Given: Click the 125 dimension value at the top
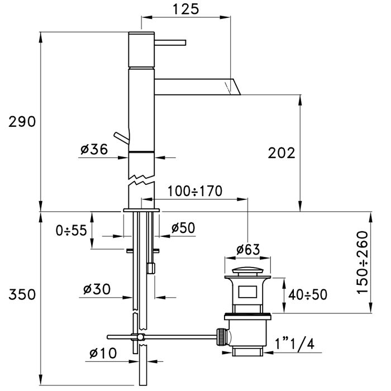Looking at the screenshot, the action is pyautogui.click(x=186, y=9).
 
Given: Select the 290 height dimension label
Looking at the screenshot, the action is pyautogui.click(x=22, y=122).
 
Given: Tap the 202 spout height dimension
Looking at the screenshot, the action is pyautogui.click(x=282, y=153).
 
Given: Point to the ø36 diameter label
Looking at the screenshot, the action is pyautogui.click(x=94, y=149).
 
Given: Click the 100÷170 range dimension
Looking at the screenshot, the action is pyautogui.click(x=195, y=191).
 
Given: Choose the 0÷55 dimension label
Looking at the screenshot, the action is pyautogui.click(x=71, y=230).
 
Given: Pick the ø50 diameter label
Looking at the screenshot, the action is pyautogui.click(x=183, y=228).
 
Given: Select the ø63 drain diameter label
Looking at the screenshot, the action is pyautogui.click(x=248, y=249).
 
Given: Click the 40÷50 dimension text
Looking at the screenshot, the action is pyautogui.click(x=308, y=294).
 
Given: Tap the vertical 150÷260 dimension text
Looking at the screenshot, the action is pyautogui.click(x=363, y=263).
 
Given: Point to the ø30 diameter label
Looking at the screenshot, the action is pyautogui.click(x=97, y=289).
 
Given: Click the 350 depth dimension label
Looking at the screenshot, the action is pyautogui.click(x=22, y=294).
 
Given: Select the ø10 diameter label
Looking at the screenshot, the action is pyautogui.click(x=103, y=353).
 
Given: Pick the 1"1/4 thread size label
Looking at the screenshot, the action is pyautogui.click(x=294, y=344).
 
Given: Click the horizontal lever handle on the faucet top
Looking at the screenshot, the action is pyautogui.click(x=170, y=42).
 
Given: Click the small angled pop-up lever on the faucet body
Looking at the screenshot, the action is pyautogui.click(x=121, y=137).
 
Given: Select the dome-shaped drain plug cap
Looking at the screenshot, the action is pyautogui.click(x=247, y=270).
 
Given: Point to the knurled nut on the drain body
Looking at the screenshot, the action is pyautogui.click(x=221, y=337).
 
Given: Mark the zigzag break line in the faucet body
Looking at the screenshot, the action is pyautogui.click(x=141, y=180).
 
